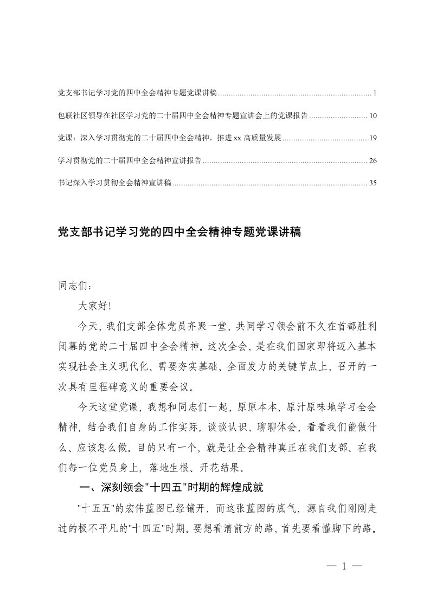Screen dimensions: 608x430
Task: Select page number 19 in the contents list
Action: pyautogui.click(x=373, y=138)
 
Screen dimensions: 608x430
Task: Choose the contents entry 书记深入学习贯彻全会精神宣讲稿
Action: pyautogui.click(x=114, y=183)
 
